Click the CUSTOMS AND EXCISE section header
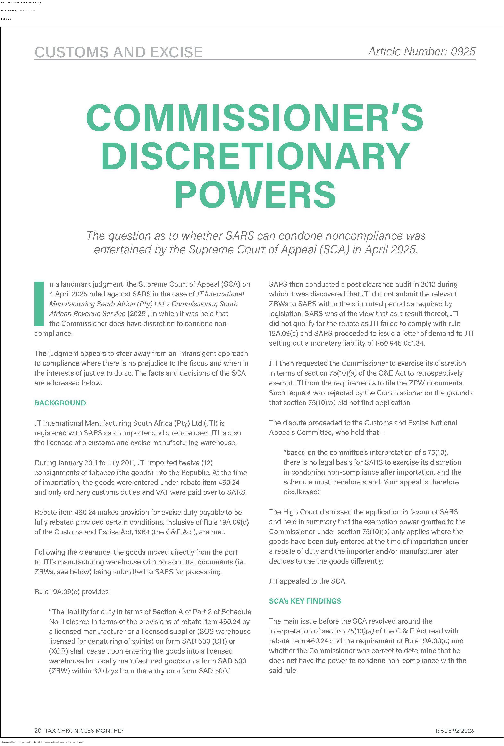(118, 52)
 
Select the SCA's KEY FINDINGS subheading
(305, 601)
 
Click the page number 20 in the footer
(38, 731)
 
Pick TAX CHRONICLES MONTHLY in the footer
(84, 731)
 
